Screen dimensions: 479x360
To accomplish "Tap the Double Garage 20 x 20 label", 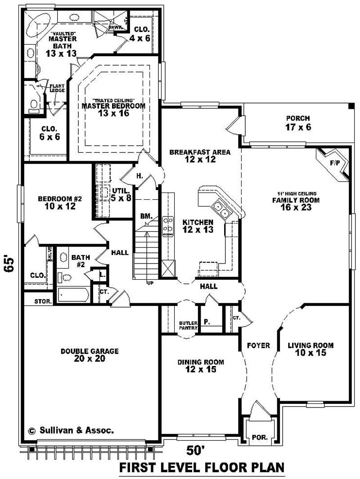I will pyautogui.click(x=90, y=355).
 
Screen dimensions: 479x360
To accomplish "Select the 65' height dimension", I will pyautogui.click(x=10, y=264).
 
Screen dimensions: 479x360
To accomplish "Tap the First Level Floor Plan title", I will pyautogui.click(x=202, y=468).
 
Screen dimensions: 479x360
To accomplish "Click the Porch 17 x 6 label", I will pyautogui.click(x=298, y=123).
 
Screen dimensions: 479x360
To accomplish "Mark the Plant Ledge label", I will pyautogui.click(x=57, y=88).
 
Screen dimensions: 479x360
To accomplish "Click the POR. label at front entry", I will pyautogui.click(x=259, y=437).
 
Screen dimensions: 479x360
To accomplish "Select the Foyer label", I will pyautogui.click(x=258, y=345).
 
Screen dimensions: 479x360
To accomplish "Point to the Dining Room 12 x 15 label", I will pyautogui.click(x=201, y=366).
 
